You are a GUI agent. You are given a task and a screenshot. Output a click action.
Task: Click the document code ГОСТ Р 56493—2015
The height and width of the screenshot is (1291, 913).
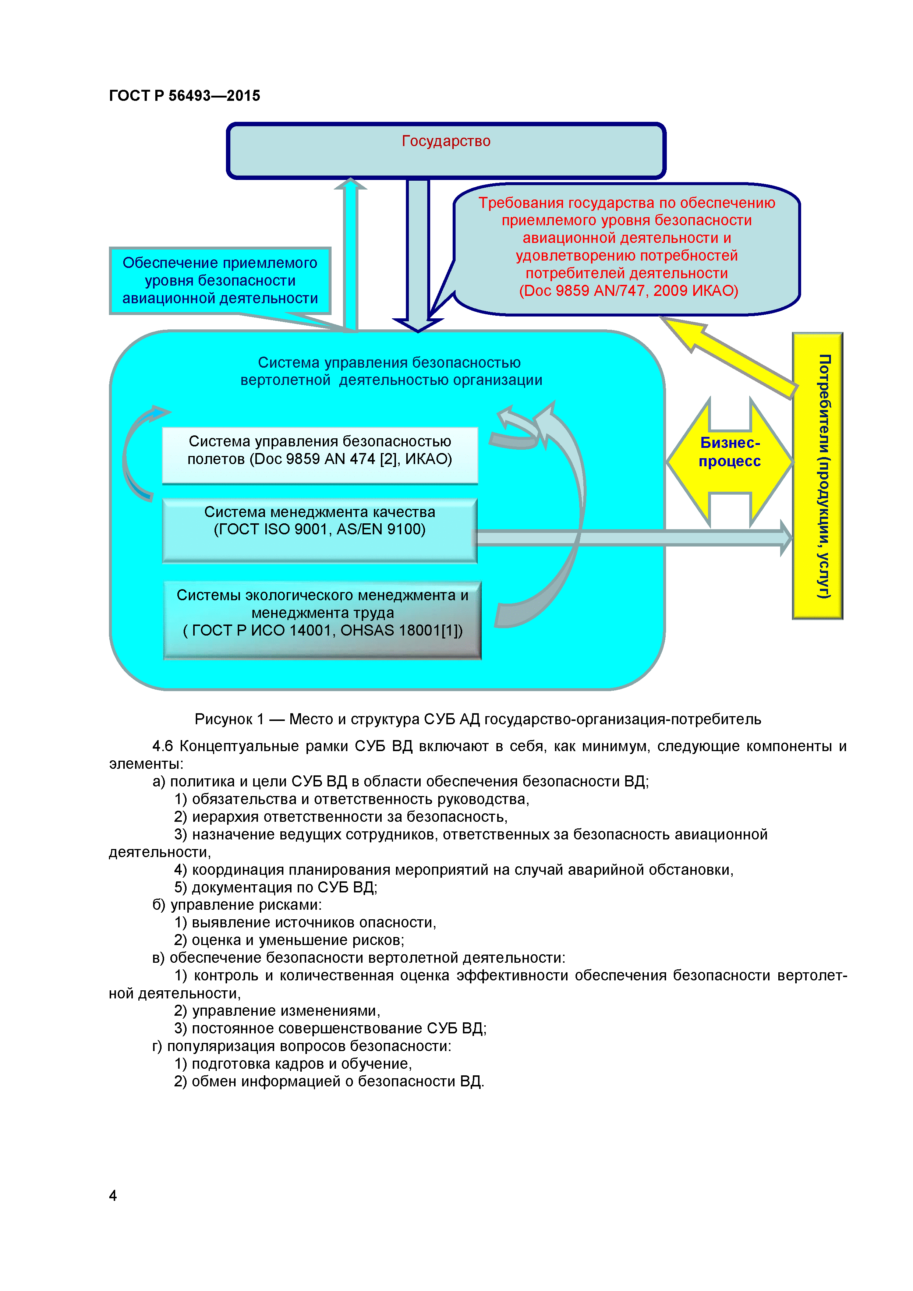(x=184, y=96)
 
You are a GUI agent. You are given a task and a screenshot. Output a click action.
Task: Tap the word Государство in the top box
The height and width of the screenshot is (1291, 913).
(x=446, y=141)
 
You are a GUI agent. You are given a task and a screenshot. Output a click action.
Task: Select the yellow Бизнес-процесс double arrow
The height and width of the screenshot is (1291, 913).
(x=730, y=461)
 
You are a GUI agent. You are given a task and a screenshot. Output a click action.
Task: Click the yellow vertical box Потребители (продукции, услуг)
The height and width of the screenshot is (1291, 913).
(x=817, y=476)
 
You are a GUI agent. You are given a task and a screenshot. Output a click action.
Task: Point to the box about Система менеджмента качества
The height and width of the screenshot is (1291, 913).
(x=319, y=530)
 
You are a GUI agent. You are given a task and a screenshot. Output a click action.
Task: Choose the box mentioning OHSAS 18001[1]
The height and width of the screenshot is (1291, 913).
(x=322, y=620)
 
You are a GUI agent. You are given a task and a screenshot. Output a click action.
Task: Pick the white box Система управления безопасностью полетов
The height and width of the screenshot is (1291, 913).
(x=319, y=455)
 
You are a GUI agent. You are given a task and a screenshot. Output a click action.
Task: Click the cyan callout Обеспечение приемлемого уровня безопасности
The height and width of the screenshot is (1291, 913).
(x=220, y=280)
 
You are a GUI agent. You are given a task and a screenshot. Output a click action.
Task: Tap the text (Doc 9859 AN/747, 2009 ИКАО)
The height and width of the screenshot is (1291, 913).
(x=628, y=291)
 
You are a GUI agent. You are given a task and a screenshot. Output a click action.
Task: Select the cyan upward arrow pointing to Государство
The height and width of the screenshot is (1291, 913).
(x=351, y=253)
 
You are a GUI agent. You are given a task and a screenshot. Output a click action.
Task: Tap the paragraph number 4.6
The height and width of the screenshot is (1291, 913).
(x=163, y=746)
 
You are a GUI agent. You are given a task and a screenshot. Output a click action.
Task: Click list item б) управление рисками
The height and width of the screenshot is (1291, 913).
(x=237, y=905)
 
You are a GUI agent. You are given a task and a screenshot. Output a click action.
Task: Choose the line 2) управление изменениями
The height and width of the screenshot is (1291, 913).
(x=277, y=1011)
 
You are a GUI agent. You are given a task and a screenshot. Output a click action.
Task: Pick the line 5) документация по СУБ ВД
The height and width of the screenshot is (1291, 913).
(x=276, y=887)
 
